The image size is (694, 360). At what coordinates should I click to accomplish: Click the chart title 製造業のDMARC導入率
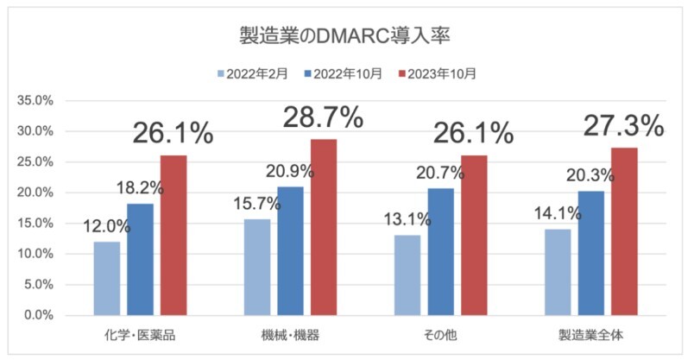346,37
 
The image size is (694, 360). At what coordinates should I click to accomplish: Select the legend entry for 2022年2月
260,73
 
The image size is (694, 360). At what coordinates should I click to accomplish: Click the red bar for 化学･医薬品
173,235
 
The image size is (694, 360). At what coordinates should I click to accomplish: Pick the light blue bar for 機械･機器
256,267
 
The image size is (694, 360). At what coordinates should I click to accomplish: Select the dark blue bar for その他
441,251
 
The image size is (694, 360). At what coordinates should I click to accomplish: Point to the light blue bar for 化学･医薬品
107,278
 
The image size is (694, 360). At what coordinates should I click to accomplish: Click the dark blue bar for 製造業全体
591,253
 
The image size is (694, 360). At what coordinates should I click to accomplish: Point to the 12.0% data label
107,227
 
